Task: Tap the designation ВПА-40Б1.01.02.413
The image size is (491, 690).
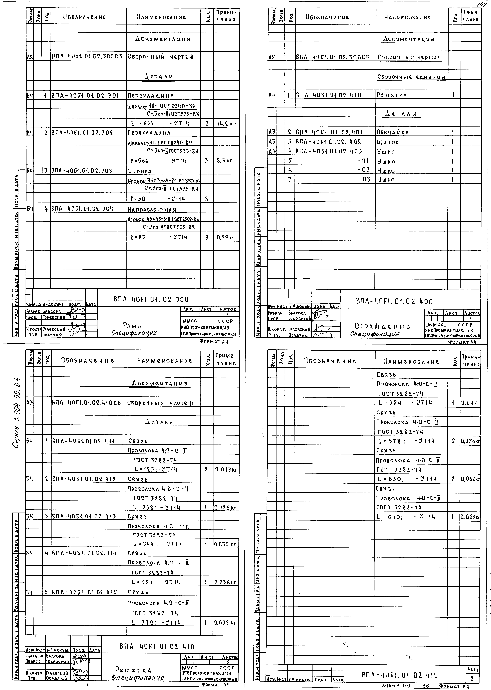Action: coord(84,516)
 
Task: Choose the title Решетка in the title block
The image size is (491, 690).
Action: coord(133,670)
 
